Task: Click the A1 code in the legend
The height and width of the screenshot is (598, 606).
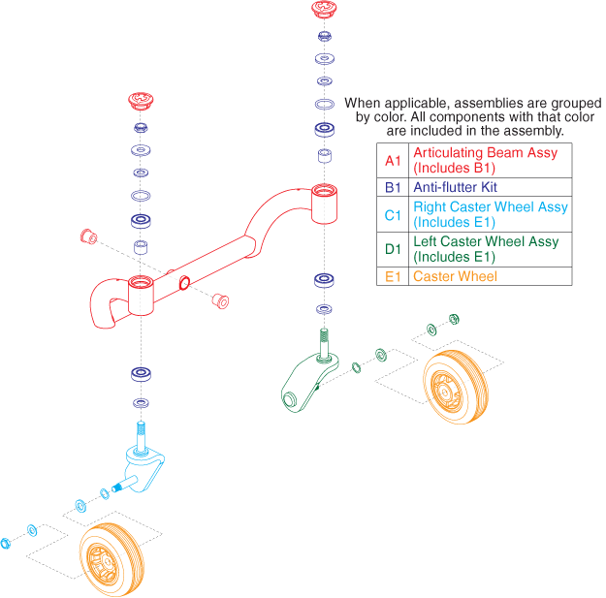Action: click(x=392, y=160)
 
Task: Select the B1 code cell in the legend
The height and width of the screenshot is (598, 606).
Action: click(x=392, y=187)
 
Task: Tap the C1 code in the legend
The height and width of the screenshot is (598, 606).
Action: click(x=392, y=214)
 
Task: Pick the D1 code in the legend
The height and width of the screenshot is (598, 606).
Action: click(x=392, y=249)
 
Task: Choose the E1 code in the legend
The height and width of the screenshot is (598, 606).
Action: click(x=392, y=276)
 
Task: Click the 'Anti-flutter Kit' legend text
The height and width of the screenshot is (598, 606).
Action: click(x=457, y=187)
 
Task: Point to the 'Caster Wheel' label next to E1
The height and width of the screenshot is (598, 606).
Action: click(x=455, y=276)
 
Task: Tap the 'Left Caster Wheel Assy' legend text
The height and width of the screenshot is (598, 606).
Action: click(x=486, y=242)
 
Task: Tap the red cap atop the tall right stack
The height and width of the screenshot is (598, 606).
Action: click(x=324, y=11)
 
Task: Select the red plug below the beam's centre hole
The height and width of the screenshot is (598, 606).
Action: click(x=221, y=300)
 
